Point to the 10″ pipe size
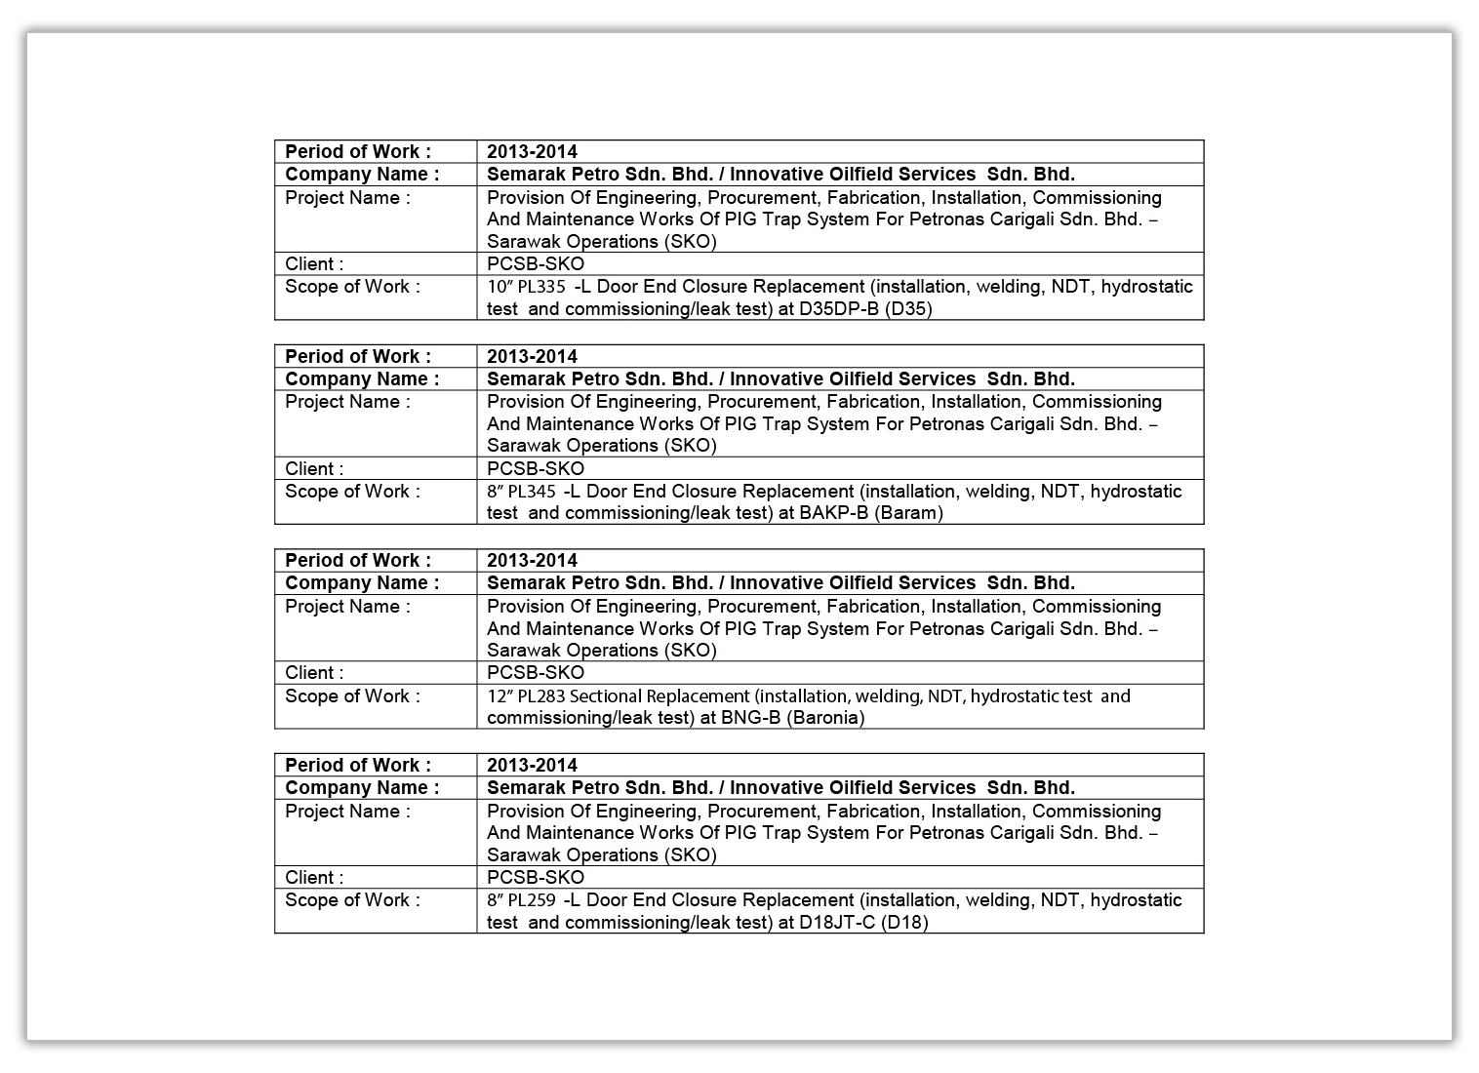tap(500, 287)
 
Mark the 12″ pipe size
tap(500, 696)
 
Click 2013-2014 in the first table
tap(532, 151)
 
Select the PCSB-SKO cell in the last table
tap(536, 877)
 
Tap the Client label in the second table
tap(314, 468)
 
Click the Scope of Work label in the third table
tap(352, 696)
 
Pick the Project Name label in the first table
tap(347, 198)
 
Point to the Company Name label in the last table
tap(362, 787)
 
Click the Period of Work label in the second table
tap(358, 356)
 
